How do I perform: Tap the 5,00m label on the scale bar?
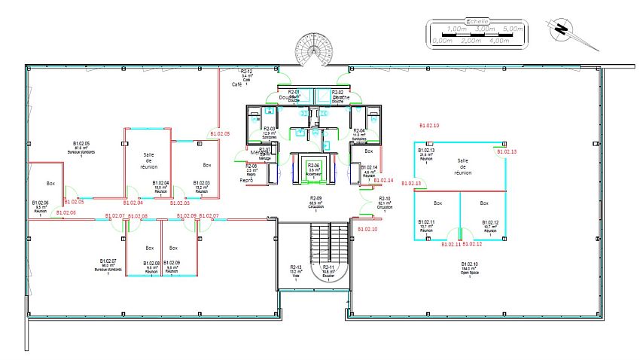click(511, 29)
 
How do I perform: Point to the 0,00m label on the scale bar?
click(442, 41)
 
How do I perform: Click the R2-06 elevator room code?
click(313, 165)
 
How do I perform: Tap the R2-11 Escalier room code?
click(329, 267)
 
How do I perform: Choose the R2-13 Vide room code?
click(296, 267)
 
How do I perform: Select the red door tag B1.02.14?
click(383, 181)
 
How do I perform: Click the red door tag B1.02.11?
click(450, 244)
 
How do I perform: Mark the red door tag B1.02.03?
click(180, 203)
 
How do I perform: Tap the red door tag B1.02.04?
click(133, 203)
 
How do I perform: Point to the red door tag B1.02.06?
click(64, 213)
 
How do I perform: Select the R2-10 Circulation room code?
click(384, 199)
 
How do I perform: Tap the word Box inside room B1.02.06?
click(51, 184)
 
